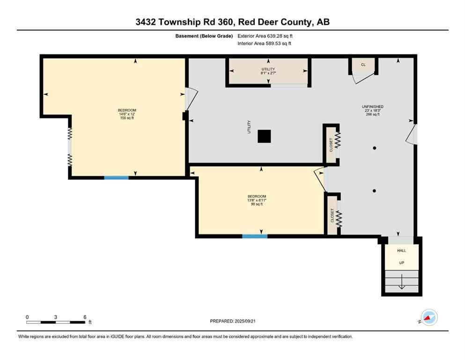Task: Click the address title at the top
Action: (x=232, y=22)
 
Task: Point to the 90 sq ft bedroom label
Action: (x=257, y=200)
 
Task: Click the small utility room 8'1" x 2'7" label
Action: (x=268, y=71)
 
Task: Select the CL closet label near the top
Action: (x=363, y=65)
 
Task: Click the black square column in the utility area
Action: (x=265, y=136)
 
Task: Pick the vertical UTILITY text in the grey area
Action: (x=249, y=127)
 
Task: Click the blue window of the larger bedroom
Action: (x=116, y=178)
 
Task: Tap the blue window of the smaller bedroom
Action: (x=255, y=236)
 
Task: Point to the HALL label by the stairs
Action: (x=401, y=251)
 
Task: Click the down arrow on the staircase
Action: (x=401, y=285)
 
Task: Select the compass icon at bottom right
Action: (x=429, y=317)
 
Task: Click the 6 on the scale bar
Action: (x=85, y=317)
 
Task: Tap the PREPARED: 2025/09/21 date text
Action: (x=232, y=321)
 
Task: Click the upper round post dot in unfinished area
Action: (x=374, y=148)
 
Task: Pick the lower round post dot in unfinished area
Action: (x=374, y=191)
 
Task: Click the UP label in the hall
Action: (x=401, y=263)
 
